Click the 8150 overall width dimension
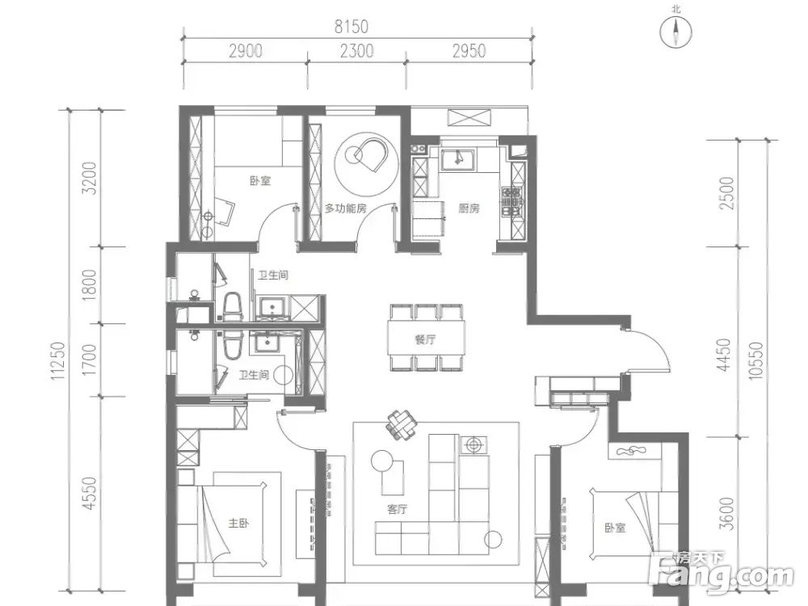[x=351, y=27]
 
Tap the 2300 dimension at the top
[x=356, y=51]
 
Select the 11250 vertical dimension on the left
[x=59, y=361]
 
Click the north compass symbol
[x=675, y=30]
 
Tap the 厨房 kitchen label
[x=469, y=208]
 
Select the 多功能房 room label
[x=345, y=208]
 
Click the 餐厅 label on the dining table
[x=425, y=339]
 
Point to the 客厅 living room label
[x=398, y=510]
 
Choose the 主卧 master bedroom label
[x=238, y=524]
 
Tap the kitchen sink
[x=459, y=158]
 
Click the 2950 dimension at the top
[x=469, y=51]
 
